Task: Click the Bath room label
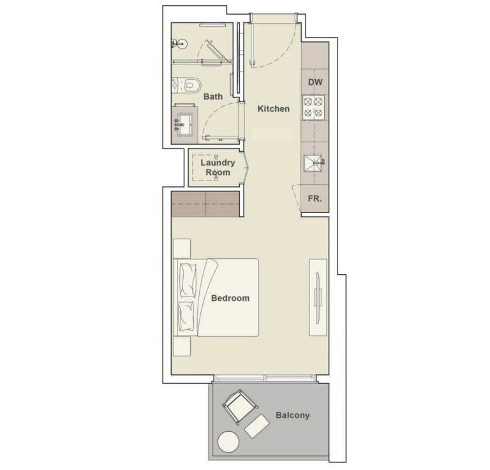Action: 213,97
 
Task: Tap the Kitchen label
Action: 273,109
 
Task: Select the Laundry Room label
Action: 218,167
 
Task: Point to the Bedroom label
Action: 230,298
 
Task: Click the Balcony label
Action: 292,415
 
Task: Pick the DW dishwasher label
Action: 315,82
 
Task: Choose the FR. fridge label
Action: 315,199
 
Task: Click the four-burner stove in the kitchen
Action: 314,106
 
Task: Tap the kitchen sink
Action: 314,163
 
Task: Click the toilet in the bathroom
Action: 186,85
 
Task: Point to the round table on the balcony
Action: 228,441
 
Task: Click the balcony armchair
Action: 240,406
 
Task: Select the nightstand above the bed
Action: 182,248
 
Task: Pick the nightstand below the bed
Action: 182,346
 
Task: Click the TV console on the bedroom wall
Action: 318,297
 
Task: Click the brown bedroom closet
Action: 205,203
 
